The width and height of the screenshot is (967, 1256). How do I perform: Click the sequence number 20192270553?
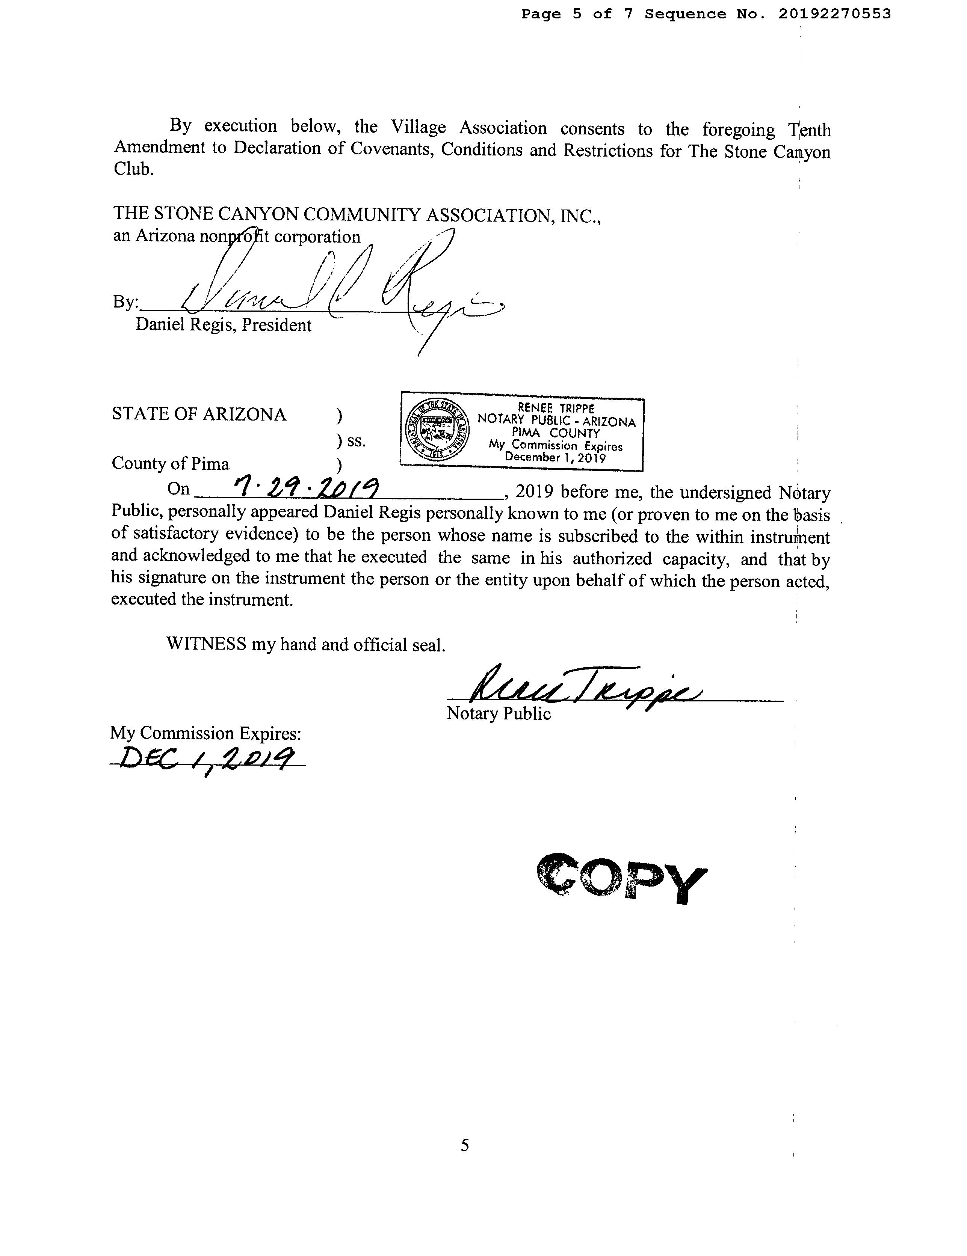coord(834,14)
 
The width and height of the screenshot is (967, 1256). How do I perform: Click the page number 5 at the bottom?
coord(465,1145)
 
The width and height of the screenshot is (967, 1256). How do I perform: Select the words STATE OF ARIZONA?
coord(198,414)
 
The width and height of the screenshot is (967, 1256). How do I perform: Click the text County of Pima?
coord(170,463)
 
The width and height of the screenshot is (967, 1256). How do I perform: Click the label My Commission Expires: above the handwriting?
coord(205,733)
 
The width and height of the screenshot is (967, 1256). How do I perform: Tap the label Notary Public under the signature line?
coord(498,714)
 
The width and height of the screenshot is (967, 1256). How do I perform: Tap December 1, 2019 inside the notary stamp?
coord(555,458)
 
